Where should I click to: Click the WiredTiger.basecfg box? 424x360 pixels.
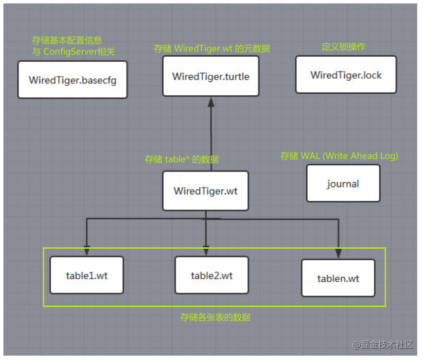72,80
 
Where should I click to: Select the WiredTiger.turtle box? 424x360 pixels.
211,76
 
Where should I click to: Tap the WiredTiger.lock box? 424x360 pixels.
346,75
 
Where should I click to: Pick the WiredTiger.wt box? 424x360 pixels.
206,191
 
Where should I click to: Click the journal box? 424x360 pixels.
343,183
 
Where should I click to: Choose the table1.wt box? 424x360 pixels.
87,275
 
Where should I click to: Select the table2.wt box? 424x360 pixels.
212,275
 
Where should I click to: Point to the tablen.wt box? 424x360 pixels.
338,278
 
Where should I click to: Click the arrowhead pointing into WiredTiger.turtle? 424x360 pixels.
211,102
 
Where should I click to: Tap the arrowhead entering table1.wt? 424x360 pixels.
87,251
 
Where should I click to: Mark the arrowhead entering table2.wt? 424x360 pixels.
206,251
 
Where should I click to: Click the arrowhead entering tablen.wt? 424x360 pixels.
338,254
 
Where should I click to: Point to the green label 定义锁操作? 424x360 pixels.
343,47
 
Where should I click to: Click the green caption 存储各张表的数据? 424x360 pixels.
215,317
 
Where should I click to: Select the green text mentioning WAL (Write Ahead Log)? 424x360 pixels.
339,156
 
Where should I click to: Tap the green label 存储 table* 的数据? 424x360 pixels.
181,159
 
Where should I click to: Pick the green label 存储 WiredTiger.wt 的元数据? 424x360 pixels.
212,49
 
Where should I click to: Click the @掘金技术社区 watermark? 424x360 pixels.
383,344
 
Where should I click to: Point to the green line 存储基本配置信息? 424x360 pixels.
67,40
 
